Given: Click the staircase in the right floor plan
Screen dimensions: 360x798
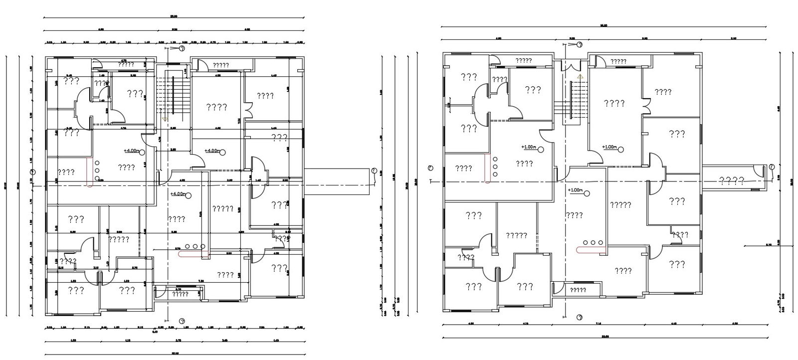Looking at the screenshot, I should (579, 100).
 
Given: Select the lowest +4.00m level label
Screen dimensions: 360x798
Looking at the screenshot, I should (179, 194).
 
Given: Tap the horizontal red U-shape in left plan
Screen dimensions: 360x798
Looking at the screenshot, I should (194, 254).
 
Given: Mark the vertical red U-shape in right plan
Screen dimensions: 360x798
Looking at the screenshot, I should (486, 170).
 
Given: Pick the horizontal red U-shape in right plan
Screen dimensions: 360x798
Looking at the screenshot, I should (591, 250).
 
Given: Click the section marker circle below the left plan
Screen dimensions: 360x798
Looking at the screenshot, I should (182, 321).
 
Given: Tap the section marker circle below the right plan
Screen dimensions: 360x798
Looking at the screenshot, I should (580, 317).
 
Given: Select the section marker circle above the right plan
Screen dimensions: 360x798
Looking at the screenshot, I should (580, 45).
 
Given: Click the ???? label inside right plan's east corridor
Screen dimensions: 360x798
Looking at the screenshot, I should (732, 180).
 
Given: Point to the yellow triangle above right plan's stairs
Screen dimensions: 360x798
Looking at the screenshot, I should (580, 77).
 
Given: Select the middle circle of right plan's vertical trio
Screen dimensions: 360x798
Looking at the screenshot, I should (495, 167).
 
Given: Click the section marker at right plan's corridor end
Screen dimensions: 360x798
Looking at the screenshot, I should (771, 166).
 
